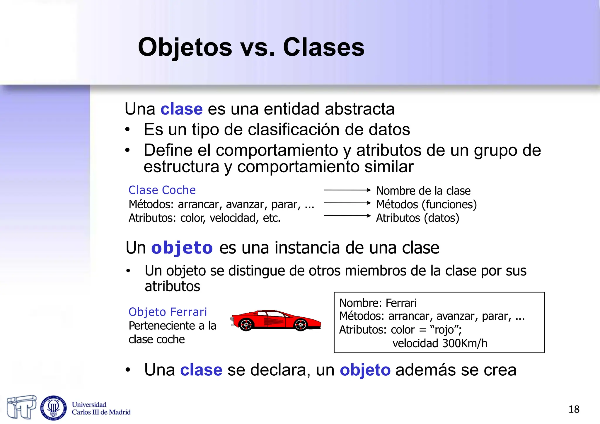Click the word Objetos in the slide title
click(185, 47)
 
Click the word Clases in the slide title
click(323, 47)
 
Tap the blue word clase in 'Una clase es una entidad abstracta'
click(181, 109)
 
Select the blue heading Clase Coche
click(162, 190)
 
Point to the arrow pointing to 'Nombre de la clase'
click(347, 190)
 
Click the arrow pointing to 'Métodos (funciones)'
click(347, 203)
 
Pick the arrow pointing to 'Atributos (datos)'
click(347, 216)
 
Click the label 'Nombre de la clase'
click(423, 191)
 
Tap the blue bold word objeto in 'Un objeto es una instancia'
click(182, 248)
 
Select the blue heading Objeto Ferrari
click(168, 312)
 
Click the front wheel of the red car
click(301, 325)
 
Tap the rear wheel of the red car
click(246, 325)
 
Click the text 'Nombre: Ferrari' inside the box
click(378, 303)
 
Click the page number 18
click(574, 409)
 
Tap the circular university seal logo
click(53, 408)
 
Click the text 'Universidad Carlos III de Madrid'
click(101, 408)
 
